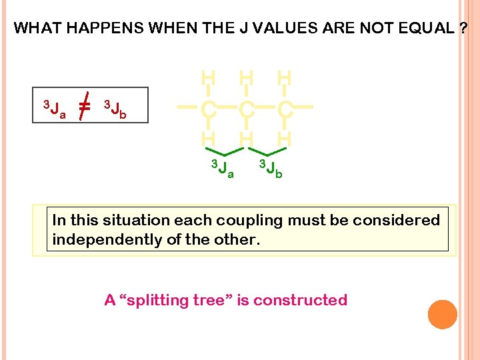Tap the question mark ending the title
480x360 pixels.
pyautogui.click(x=463, y=28)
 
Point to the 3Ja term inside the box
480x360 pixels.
pyautogui.click(x=54, y=108)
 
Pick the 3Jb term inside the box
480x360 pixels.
pyautogui.click(x=115, y=108)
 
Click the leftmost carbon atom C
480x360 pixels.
pyautogui.click(x=208, y=107)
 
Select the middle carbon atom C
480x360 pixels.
pyautogui.click(x=246, y=107)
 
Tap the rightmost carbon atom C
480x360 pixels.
pyautogui.click(x=284, y=107)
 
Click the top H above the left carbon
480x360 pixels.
pyautogui.click(x=208, y=79)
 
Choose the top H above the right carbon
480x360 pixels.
pyautogui.click(x=284, y=79)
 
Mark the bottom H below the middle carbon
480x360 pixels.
pyautogui.click(x=246, y=137)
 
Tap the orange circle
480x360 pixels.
pyautogui.click(x=443, y=315)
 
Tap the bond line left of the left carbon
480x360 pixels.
pyautogui.click(x=187, y=107)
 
